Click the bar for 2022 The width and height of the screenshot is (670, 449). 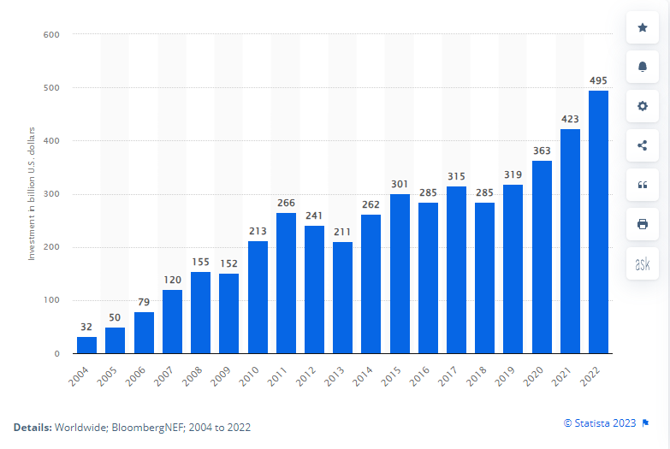(x=599, y=222)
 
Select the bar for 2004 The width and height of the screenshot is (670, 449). (x=86, y=345)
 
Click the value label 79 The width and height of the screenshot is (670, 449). (x=144, y=303)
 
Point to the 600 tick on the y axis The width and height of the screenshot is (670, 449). (x=52, y=35)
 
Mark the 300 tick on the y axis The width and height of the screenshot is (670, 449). (x=52, y=194)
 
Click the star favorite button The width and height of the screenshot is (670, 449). (x=643, y=28)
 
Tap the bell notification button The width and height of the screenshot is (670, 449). (x=643, y=67)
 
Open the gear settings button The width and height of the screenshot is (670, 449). (x=643, y=106)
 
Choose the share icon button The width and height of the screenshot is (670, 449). (x=643, y=145)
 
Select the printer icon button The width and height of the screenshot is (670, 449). (x=643, y=224)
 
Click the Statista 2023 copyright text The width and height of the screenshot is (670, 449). (x=600, y=422)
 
